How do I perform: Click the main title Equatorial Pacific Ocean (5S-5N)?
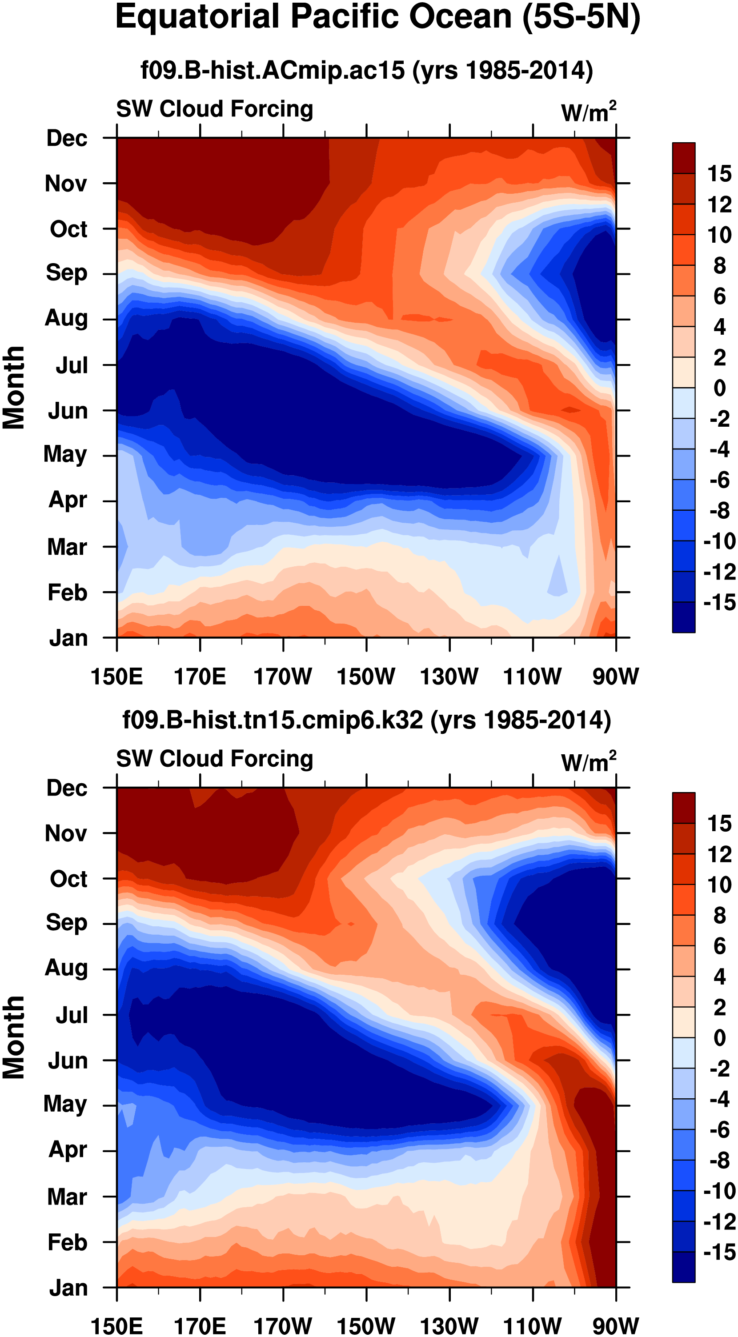pos(377,18)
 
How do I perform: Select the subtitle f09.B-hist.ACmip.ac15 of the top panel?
pos(366,70)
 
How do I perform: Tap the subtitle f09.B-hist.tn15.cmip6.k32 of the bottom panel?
pos(366,720)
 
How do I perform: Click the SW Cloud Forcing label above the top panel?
pos(214,109)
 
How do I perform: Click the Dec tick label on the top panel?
pos(67,138)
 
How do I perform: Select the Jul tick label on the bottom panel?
pos(72,1015)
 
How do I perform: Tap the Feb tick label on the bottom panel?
pos(68,1242)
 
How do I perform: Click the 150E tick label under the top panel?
pos(117,677)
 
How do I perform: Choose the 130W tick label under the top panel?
pos(449,677)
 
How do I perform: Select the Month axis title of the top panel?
pos(14,388)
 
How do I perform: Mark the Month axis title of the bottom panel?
pos(14,1037)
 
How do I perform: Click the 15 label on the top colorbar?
pos(719,173)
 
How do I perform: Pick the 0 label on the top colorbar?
pos(719,388)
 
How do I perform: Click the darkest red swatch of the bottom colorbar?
pos(683,808)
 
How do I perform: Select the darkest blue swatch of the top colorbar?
pos(683,617)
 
